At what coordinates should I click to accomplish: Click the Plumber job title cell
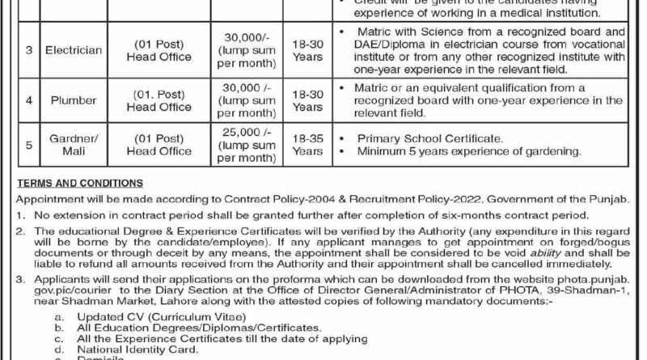pyautogui.click(x=75, y=102)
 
